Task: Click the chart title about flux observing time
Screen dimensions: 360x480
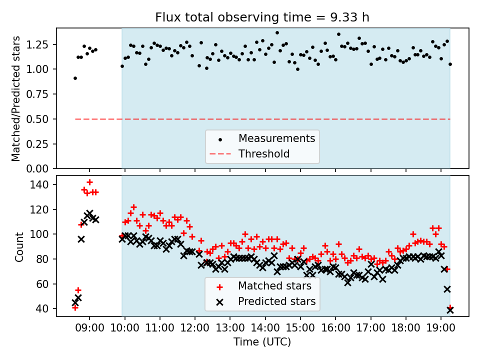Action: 262,17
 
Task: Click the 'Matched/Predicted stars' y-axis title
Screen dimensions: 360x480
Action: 16,98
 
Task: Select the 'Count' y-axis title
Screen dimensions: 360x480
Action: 19,246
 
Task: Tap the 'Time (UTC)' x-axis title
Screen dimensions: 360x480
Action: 262,342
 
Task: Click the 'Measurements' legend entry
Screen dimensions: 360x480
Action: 276,138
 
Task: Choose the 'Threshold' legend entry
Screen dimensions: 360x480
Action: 264,153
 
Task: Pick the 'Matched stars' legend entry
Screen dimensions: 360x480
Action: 274,286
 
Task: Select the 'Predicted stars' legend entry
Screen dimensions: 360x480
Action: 276,301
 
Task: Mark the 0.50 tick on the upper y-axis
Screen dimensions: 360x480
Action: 42,119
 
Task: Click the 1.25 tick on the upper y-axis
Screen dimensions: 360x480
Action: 42,44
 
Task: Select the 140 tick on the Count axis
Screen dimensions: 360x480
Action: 44,184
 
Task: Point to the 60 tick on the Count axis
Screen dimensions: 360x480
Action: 46,284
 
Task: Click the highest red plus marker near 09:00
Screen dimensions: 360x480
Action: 89,182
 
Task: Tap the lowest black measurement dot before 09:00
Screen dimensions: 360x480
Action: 75,78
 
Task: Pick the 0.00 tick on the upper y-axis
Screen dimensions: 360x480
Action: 42,168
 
